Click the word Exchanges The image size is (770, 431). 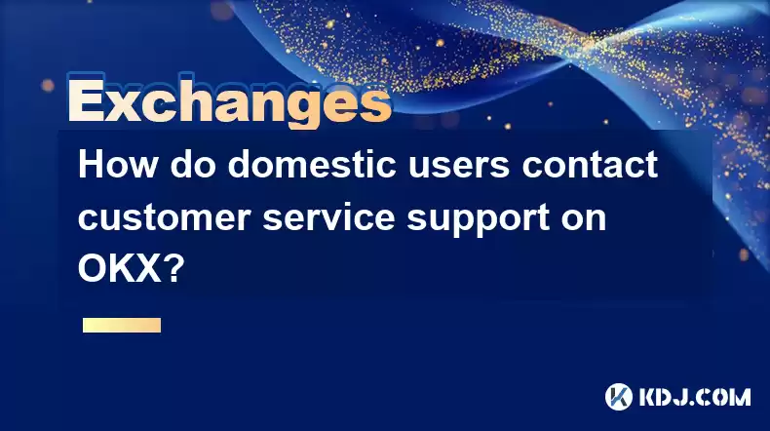[x=229, y=101]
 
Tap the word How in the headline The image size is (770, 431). [x=118, y=164]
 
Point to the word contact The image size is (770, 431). [x=590, y=165]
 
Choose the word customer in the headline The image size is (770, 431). [x=164, y=217]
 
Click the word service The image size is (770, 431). [x=328, y=216]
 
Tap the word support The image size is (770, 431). [x=478, y=219]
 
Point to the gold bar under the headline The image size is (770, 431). [x=122, y=325]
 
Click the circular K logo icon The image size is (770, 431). [x=619, y=397]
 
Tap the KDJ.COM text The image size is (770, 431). [x=694, y=397]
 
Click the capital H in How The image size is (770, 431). [x=91, y=164]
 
